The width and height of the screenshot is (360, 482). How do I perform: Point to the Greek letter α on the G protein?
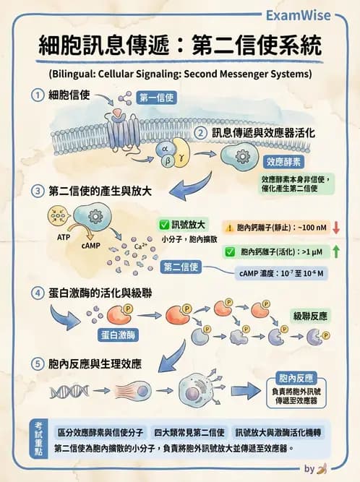(x=165, y=148)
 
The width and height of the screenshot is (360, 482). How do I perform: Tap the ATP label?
(x=63, y=236)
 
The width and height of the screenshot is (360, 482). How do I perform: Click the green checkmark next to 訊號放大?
(x=163, y=225)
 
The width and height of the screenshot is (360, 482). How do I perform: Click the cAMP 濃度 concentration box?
(x=281, y=274)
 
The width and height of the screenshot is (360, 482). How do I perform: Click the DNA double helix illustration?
(x=69, y=392)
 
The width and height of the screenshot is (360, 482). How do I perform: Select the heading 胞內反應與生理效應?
(x=95, y=363)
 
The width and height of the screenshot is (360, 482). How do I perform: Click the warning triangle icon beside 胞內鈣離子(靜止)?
(x=229, y=227)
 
